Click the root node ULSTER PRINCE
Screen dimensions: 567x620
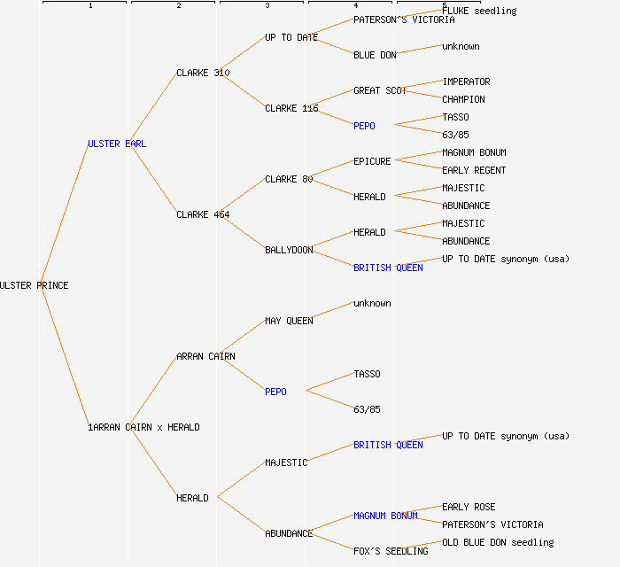click(x=34, y=285)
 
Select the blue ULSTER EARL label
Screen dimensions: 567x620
click(x=116, y=144)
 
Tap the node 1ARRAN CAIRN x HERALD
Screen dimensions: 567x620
click(x=143, y=427)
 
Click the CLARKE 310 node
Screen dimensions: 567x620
click(x=203, y=73)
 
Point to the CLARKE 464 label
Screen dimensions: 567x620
click(x=203, y=214)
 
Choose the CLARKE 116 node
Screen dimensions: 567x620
click(x=291, y=108)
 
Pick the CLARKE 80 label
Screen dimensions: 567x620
click(x=289, y=179)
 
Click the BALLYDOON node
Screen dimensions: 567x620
click(x=289, y=250)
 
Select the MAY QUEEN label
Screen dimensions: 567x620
click(x=289, y=321)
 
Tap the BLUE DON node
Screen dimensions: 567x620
click(x=375, y=55)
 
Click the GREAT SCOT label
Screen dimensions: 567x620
click(x=380, y=90)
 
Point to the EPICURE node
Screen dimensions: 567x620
click(x=372, y=161)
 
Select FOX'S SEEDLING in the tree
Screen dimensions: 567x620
click(x=391, y=551)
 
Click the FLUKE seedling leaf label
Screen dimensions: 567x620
click(x=479, y=11)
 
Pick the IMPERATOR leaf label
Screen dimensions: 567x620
click(x=466, y=82)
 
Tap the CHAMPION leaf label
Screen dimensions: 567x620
click(x=463, y=99)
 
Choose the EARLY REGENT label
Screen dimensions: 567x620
click(x=474, y=170)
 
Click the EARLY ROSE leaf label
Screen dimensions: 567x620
click(x=469, y=507)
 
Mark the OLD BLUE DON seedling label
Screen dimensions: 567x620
click(x=498, y=542)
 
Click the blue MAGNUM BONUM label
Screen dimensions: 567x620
click(x=385, y=516)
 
